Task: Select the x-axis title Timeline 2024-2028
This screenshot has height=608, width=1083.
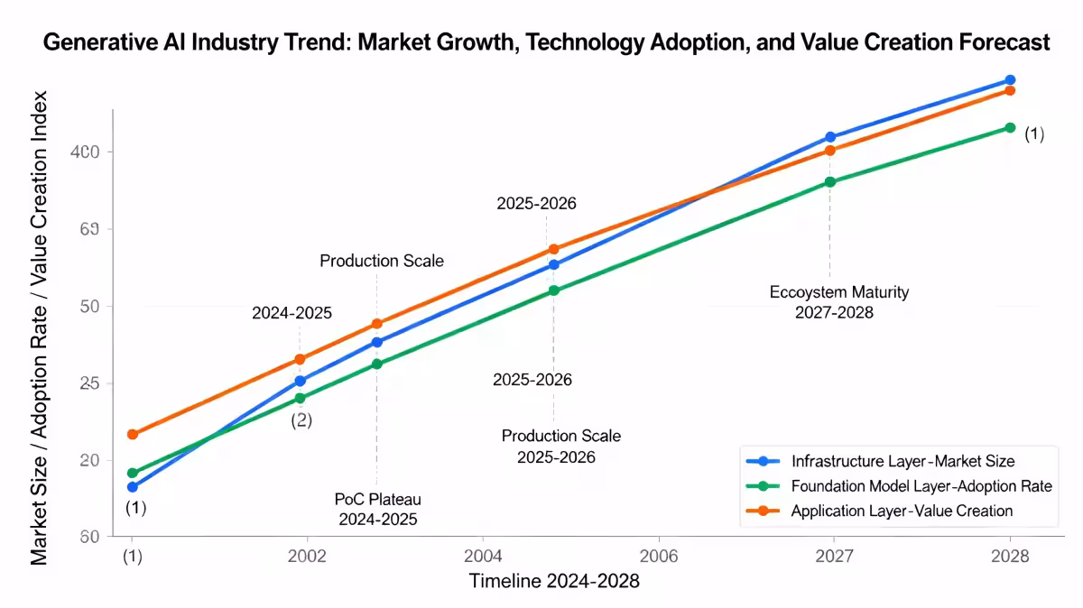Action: (553, 581)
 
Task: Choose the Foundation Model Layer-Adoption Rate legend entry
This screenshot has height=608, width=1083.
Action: (921, 485)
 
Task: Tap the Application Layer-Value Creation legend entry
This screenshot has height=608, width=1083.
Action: (902, 511)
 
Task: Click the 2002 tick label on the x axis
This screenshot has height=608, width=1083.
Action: (306, 555)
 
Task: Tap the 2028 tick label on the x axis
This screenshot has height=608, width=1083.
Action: (1010, 555)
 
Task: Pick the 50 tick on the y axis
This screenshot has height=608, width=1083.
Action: (88, 306)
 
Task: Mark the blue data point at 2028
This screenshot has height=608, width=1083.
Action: (1010, 80)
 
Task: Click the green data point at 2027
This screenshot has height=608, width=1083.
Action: (830, 182)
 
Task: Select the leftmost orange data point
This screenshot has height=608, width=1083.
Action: (134, 434)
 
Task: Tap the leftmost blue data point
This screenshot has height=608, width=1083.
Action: (134, 487)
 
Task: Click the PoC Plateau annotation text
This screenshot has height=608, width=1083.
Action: (377, 499)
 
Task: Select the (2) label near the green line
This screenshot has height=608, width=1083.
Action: (301, 420)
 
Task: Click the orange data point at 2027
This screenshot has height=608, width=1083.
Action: (830, 151)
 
